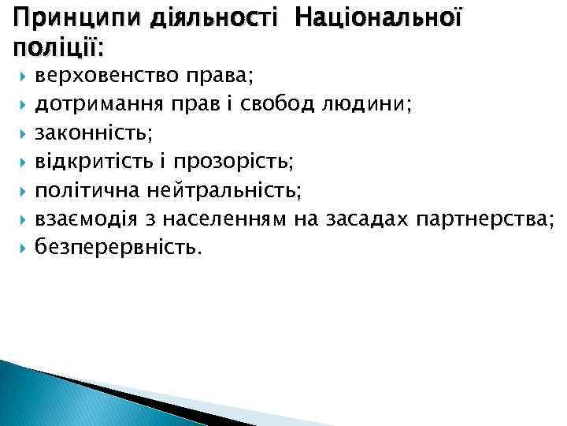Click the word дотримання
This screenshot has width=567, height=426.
click(96, 106)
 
